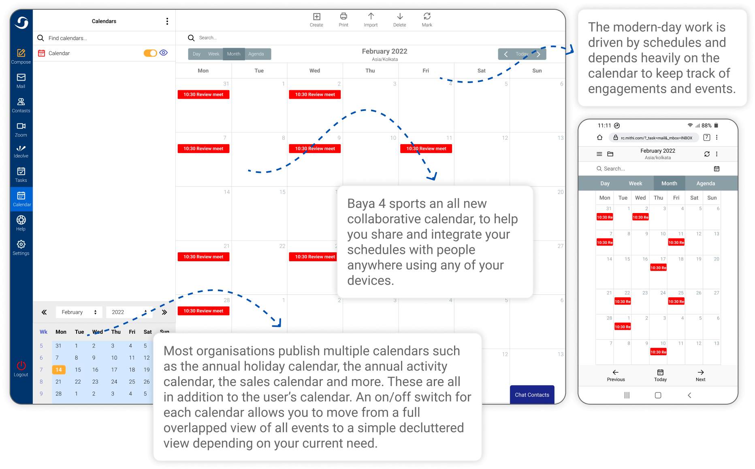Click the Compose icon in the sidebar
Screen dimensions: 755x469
[x=21, y=53]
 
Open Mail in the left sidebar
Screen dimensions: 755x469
[x=21, y=78]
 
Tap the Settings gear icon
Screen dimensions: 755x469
[x=21, y=245]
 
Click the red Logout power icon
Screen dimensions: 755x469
[x=21, y=366]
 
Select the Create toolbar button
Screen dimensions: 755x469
[x=316, y=17]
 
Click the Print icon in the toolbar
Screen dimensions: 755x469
[x=343, y=17]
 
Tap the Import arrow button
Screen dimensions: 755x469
[x=371, y=17]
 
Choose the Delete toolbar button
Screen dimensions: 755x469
[x=400, y=17]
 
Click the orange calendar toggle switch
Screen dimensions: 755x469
[x=150, y=53]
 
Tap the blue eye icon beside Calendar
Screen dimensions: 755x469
[x=164, y=53]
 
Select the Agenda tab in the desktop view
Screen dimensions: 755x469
[x=256, y=54]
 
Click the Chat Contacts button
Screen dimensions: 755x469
[x=532, y=395]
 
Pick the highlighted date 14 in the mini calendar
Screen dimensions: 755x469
[x=59, y=370]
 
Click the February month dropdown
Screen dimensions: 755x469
[x=79, y=312]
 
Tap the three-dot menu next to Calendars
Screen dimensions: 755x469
[x=167, y=21]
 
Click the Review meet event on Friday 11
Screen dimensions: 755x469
[x=426, y=149]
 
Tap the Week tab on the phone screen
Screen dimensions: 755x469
[x=635, y=183]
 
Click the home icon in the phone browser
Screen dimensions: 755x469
[x=600, y=138]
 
